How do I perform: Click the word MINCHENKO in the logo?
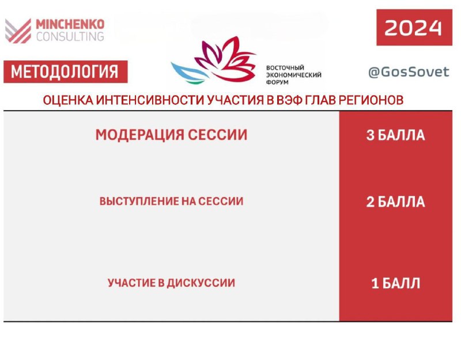click(70, 24)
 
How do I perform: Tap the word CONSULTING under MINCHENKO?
click(70, 36)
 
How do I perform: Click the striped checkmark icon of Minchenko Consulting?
click(18, 31)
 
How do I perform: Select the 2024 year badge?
click(414, 28)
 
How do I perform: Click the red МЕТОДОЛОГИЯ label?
click(66, 71)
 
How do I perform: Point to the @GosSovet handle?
click(409, 72)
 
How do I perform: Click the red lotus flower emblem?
click(225, 59)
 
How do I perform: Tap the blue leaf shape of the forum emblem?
click(190, 73)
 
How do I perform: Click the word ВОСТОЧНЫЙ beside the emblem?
click(285, 67)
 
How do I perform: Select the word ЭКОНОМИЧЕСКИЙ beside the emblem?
click(294, 75)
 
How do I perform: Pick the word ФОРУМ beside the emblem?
click(277, 82)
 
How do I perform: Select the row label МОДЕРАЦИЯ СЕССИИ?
click(171, 135)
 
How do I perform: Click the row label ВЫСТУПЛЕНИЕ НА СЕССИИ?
click(171, 201)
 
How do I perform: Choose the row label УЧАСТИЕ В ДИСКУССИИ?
click(171, 283)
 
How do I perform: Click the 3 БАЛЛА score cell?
click(395, 135)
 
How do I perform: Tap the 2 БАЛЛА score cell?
click(395, 202)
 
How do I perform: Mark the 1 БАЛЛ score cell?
click(395, 283)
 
